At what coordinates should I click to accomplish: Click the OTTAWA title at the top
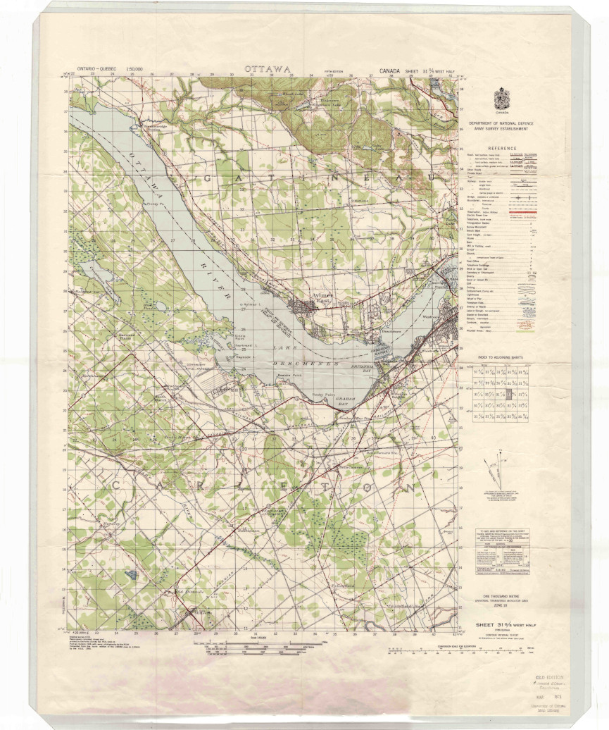268,69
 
